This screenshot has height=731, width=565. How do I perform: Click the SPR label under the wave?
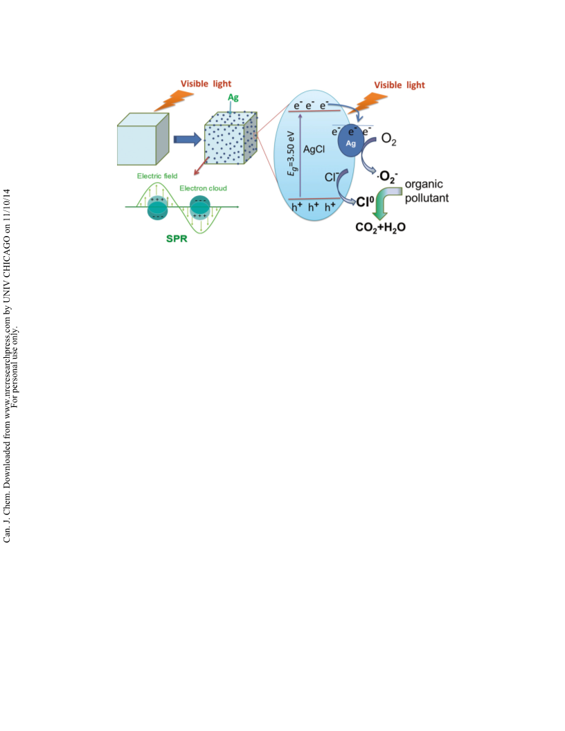(177, 239)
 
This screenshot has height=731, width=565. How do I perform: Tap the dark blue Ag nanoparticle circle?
(350, 141)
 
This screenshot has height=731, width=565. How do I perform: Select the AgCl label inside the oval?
(314, 150)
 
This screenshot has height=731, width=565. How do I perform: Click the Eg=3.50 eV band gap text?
(292, 154)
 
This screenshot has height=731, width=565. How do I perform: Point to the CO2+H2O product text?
(380, 227)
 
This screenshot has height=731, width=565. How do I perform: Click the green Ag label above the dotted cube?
(233, 98)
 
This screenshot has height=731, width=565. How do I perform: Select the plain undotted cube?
(143, 139)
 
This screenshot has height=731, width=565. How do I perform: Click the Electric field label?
(157, 176)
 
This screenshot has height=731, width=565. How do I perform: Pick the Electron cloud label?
(204, 188)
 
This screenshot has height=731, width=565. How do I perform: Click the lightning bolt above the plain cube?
(173, 100)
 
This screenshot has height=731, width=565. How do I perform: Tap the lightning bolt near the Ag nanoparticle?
(369, 103)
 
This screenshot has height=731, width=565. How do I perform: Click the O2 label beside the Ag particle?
(389, 139)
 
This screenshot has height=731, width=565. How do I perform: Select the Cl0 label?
(365, 201)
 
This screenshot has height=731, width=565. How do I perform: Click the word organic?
(424, 184)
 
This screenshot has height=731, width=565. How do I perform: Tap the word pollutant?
(427, 198)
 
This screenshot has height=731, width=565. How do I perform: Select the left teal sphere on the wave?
(157, 208)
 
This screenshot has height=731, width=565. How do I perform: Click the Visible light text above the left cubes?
(206, 84)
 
